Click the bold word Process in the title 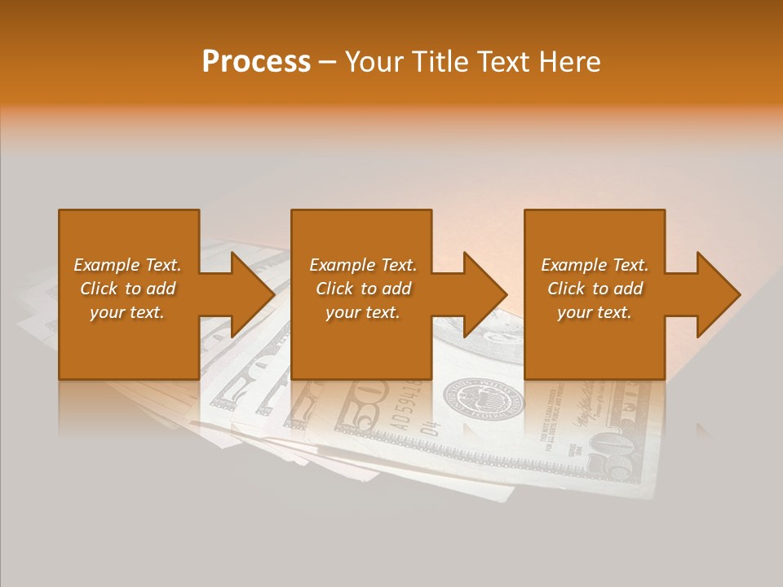pos(256,62)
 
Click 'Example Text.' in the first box pos(128,265)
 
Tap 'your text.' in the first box pos(128,312)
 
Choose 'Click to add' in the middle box pos(363,289)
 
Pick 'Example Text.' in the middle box pos(363,265)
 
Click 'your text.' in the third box pos(595,312)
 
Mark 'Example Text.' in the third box pos(595,265)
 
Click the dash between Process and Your pos(328,62)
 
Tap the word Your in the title pos(373,62)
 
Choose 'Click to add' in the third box pos(595,289)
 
